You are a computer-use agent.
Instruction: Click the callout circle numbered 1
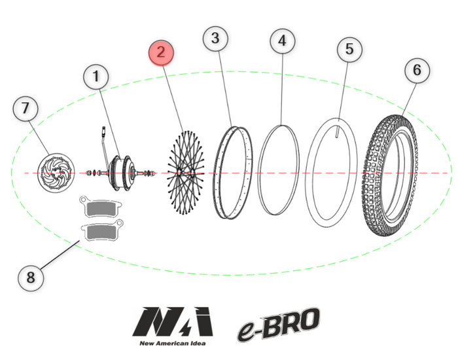pyautogui.click(x=96, y=77)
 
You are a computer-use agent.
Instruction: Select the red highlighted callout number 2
pyautogui.click(x=161, y=53)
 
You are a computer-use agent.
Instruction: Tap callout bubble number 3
pyautogui.click(x=216, y=39)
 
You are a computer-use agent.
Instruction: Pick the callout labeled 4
pyautogui.click(x=281, y=41)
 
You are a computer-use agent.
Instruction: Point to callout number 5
pyautogui.click(x=349, y=49)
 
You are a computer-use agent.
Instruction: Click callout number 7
pyautogui.click(x=26, y=109)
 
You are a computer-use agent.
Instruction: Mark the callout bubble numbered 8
pyautogui.click(x=30, y=278)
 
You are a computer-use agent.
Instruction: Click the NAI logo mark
pyautogui.click(x=174, y=321)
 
